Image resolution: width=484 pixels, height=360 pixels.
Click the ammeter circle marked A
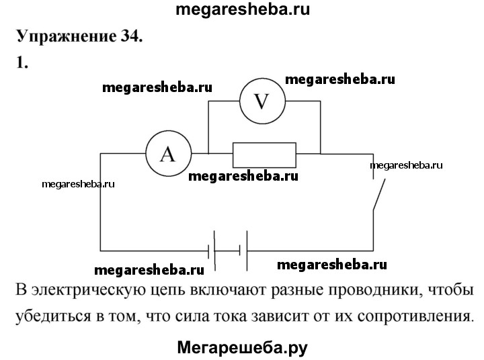pos(168,154)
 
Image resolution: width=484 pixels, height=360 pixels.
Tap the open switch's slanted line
pos(378,195)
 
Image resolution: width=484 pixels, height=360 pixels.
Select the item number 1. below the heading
pos(21,62)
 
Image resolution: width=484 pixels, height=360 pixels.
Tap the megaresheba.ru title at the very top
pos(243,9)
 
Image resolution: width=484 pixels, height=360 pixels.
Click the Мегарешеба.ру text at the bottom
pos(242,347)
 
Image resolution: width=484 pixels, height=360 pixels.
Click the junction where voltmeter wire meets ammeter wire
pos(208,154)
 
